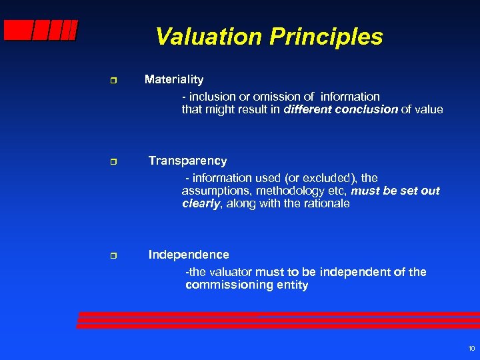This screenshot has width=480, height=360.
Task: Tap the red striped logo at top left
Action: pos(40,31)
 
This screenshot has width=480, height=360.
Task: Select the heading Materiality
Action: pos(174,79)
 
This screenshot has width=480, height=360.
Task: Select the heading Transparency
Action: pos(187,161)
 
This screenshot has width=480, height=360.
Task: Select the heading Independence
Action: pos(189,255)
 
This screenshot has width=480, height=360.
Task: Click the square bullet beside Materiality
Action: pos(113,81)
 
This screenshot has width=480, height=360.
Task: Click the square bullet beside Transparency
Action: pos(113,162)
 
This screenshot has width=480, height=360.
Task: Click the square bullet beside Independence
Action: pos(113,256)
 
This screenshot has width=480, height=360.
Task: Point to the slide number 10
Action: pos(471,349)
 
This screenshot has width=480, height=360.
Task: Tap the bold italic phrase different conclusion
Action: pos(341,109)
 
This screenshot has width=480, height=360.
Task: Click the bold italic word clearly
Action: pos(201,204)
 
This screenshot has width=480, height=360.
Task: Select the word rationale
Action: pos(326,204)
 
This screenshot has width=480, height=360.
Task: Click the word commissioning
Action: pos(224,285)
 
